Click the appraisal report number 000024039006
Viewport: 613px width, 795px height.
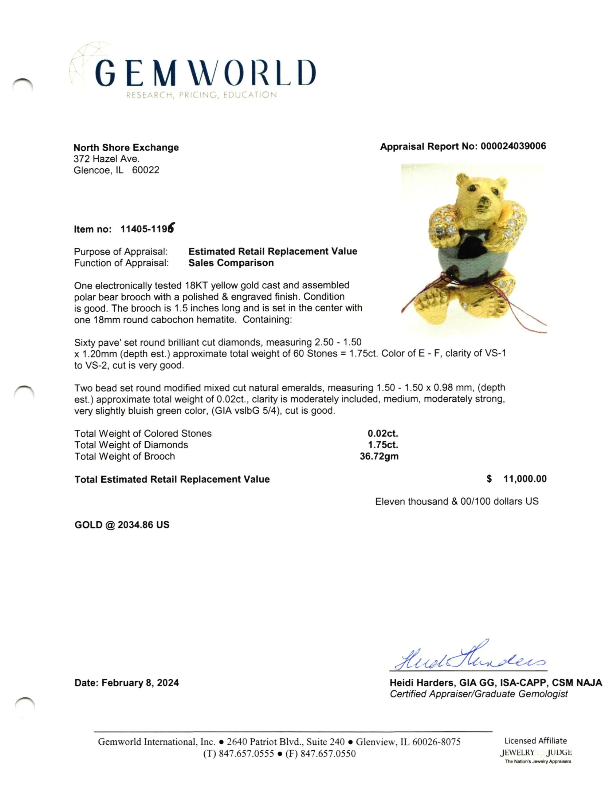(x=513, y=146)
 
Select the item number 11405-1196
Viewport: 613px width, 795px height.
(x=147, y=229)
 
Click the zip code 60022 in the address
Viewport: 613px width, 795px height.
(x=145, y=170)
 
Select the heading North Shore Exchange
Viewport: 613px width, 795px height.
(x=126, y=147)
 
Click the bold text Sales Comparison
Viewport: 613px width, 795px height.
(x=231, y=263)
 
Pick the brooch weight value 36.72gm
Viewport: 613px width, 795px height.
(x=379, y=456)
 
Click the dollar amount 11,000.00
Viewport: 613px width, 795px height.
(x=524, y=479)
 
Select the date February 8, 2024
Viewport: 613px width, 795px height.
(x=140, y=683)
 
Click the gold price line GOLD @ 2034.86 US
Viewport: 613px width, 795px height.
(x=122, y=525)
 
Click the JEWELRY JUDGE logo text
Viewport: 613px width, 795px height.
(x=535, y=752)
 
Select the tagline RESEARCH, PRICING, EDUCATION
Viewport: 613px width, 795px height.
(x=201, y=95)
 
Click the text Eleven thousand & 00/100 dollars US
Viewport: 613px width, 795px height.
(x=456, y=501)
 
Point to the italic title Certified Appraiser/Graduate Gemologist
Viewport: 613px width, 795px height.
(x=479, y=694)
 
